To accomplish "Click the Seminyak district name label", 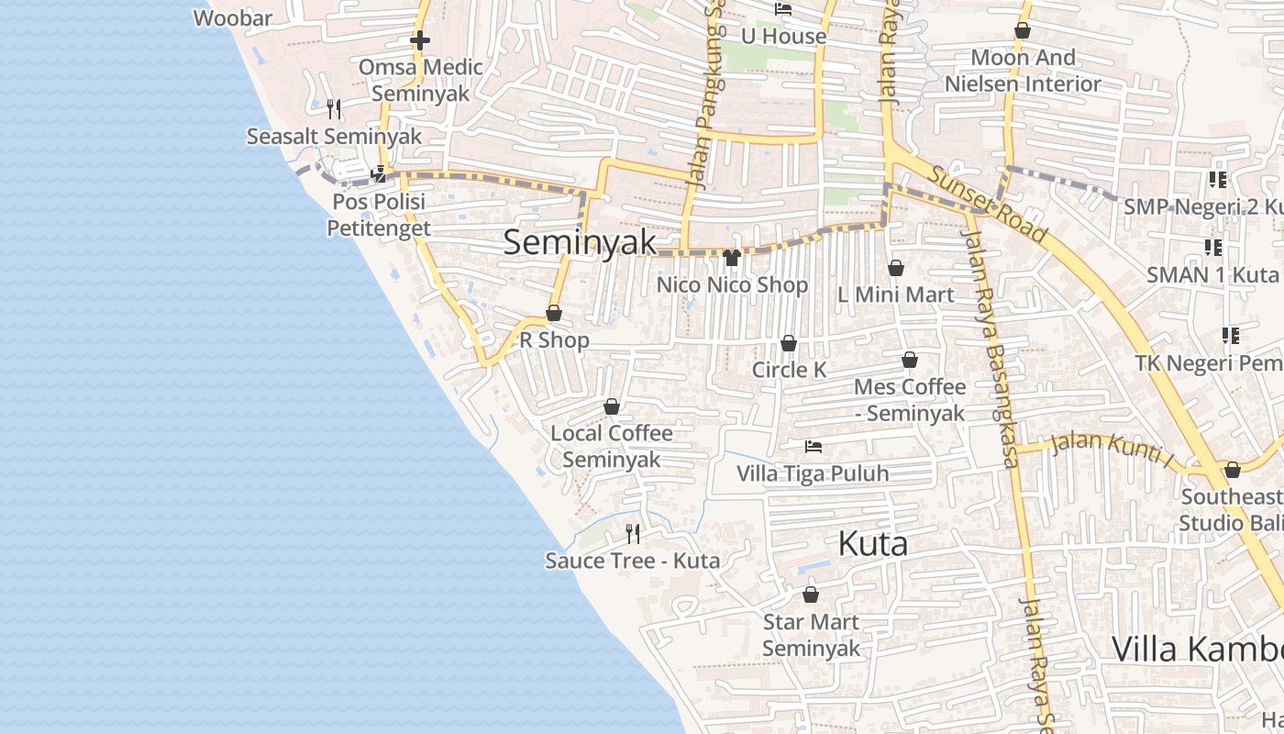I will coord(580,242).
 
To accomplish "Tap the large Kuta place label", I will coord(872,543).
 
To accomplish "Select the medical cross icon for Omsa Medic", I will coord(420,40).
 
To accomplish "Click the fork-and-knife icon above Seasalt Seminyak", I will coord(334,109).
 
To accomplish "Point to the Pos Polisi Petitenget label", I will coord(379,215).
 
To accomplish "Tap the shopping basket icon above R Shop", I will coord(554,313).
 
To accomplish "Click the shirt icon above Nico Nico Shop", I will coord(732,258).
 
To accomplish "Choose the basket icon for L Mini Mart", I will coord(896,268).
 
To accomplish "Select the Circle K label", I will coord(789,370).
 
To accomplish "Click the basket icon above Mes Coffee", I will coord(910,360).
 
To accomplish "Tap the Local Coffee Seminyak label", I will coord(612,446).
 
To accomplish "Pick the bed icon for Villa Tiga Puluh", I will coord(813,447).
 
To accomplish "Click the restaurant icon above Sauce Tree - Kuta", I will coord(632,533).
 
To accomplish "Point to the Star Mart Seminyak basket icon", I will coord(811,595).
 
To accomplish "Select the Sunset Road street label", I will coord(986,205).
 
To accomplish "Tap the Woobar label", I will coord(233,17).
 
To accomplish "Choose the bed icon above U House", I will coord(783,9).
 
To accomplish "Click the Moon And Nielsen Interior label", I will coord(1023,71).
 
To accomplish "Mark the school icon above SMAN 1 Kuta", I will coord(1213,247).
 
